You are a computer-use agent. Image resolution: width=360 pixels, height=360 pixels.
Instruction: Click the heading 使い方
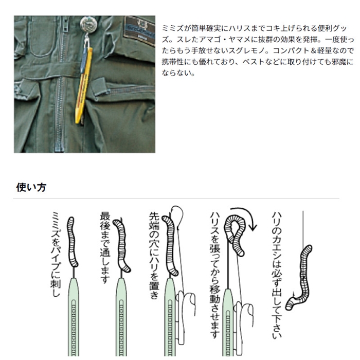[x=31, y=187]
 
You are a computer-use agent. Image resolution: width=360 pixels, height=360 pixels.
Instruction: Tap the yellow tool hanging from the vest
[x=84, y=85]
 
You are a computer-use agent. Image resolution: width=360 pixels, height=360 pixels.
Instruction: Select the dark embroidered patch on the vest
[x=139, y=29]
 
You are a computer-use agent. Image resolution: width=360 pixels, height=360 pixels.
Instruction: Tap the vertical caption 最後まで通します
[x=105, y=247]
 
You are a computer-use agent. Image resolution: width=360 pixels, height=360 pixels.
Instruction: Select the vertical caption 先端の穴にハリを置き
[x=154, y=255]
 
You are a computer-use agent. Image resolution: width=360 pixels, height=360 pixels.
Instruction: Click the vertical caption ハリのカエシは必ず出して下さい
[x=277, y=275]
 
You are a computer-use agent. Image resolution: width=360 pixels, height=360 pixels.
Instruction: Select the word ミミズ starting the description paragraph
[x=173, y=28]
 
